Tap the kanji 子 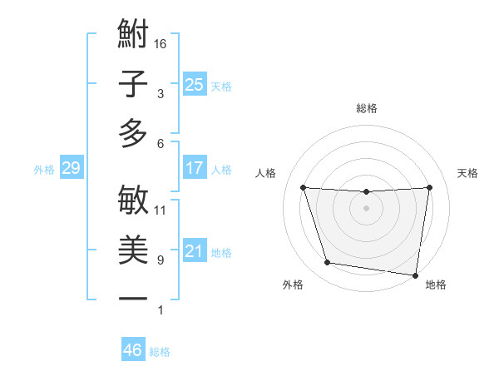tap(133, 84)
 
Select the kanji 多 tap(133, 133)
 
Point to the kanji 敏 tap(133, 200)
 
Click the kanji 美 tap(133, 250)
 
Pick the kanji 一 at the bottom tap(133, 299)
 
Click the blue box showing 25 tap(194, 84)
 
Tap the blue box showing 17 tap(194, 168)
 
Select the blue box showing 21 tap(194, 251)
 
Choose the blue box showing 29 tap(71, 168)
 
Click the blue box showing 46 tap(132, 350)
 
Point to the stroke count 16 tap(161, 43)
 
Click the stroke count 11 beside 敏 tap(161, 210)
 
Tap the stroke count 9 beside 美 tap(161, 260)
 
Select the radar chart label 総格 tap(366, 108)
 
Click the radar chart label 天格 tap(468, 173)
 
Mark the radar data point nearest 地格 tap(417, 275)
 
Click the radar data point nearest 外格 tap(328, 263)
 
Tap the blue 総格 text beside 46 tap(160, 352)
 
